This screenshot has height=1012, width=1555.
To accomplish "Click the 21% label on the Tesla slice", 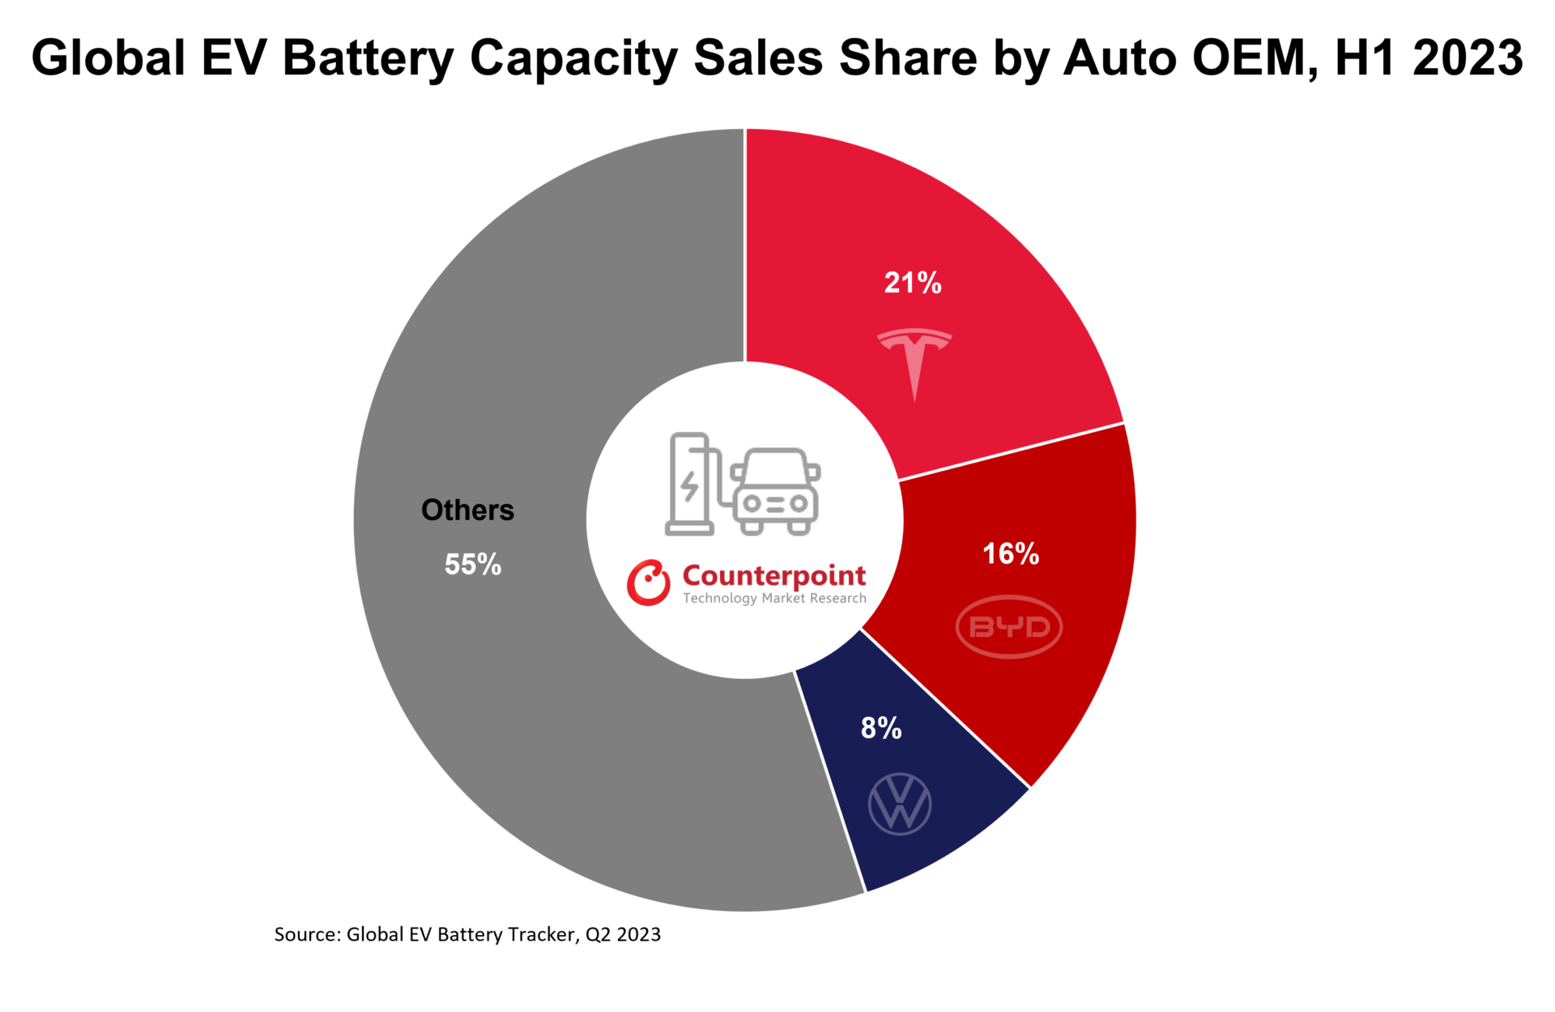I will point(913,283).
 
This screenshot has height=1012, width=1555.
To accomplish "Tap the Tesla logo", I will point(914,361).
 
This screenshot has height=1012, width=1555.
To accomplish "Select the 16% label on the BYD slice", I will point(1011,554).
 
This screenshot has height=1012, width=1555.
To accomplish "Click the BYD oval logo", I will point(1008,626).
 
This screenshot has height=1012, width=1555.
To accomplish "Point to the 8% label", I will point(881,728).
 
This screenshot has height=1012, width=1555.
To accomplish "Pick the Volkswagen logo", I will point(900,804).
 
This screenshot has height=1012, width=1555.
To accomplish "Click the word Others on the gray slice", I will point(467,510).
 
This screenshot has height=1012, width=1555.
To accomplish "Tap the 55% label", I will point(473,565).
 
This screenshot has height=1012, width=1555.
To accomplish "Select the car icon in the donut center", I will point(776,492).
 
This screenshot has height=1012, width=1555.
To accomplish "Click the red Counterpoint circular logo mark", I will point(648,583).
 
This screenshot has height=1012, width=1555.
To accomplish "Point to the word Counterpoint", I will point(774,576).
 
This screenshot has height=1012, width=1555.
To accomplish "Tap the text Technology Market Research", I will point(774,599).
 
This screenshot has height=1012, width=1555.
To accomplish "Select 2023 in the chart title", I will point(1468,58).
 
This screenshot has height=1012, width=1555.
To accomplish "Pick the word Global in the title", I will point(108,58).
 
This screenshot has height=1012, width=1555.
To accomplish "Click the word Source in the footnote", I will point(306,934).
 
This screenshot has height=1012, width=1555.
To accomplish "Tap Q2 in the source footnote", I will point(598,935).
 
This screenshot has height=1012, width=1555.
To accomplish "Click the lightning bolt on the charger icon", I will point(689,485).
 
